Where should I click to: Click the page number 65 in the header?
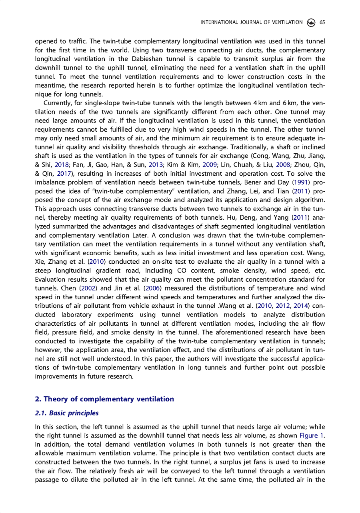(322, 22)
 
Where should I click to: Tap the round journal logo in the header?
(311, 22)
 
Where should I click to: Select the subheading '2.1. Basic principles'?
(67, 413)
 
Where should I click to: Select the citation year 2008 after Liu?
(283, 165)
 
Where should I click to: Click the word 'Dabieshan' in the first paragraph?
(157, 59)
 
